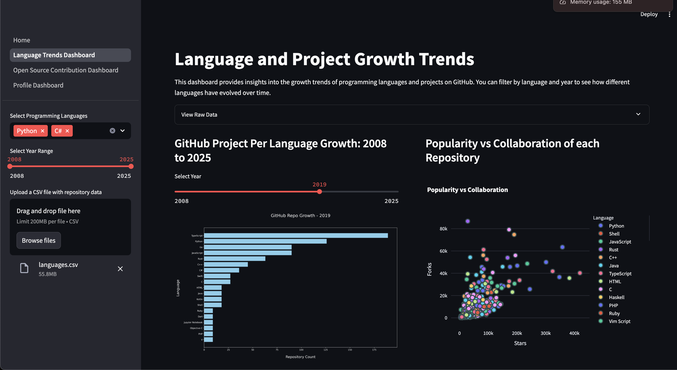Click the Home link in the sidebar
pyautogui.click(x=21, y=40)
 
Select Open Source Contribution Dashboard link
pyautogui.click(x=66, y=70)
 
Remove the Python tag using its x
pyautogui.click(x=43, y=131)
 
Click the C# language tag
pyautogui.click(x=58, y=131)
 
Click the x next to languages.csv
pyautogui.click(x=120, y=269)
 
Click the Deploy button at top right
pyautogui.click(x=649, y=14)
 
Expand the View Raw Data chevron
pyautogui.click(x=638, y=114)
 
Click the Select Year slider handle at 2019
pyautogui.click(x=319, y=192)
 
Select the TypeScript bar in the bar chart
pyautogui.click(x=296, y=236)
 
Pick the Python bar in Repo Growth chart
pyautogui.click(x=265, y=241)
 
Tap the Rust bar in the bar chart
pyautogui.click(x=235, y=259)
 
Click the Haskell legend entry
pyautogui.click(x=616, y=297)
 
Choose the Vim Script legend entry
pyautogui.click(x=619, y=321)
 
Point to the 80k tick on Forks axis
pyautogui.click(x=443, y=229)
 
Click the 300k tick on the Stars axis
pyautogui.click(x=545, y=333)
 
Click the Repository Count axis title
pyautogui.click(x=301, y=357)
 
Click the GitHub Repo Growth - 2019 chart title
pyautogui.click(x=301, y=215)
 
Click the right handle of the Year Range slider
pyautogui.click(x=131, y=166)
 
